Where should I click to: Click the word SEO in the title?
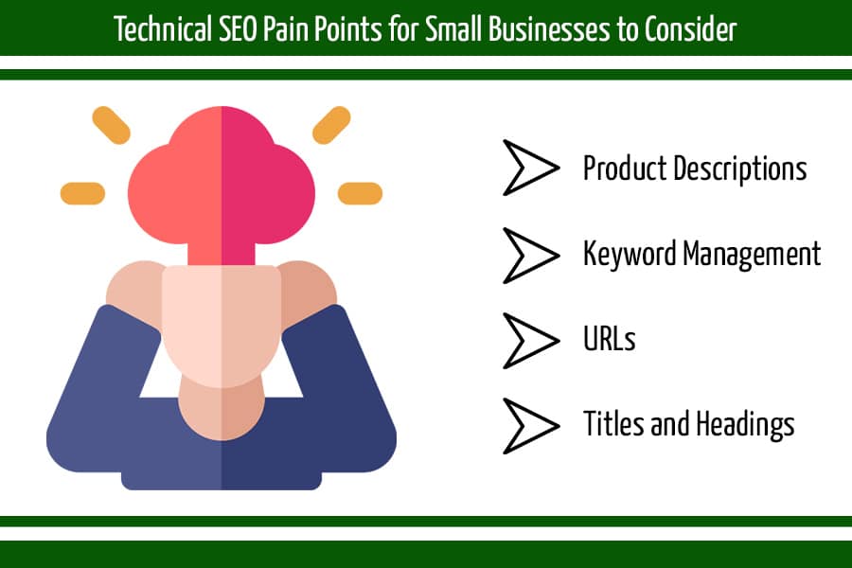coord(238,28)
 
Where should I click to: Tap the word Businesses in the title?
coord(549,28)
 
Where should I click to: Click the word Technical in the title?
coord(163,28)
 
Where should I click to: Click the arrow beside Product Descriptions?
coord(530,168)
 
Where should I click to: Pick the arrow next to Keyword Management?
coord(530,256)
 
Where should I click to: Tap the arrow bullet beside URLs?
coord(530,340)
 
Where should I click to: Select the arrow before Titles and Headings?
coord(530,426)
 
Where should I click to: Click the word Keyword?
coord(630,255)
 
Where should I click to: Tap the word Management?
coord(752,255)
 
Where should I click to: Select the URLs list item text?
coord(609,339)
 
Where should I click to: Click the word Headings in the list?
coord(746,424)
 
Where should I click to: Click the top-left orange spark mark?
coord(111,125)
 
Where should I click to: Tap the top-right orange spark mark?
coord(331,125)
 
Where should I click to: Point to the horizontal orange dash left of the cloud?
coord(82,193)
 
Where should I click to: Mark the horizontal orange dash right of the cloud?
coord(361,193)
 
